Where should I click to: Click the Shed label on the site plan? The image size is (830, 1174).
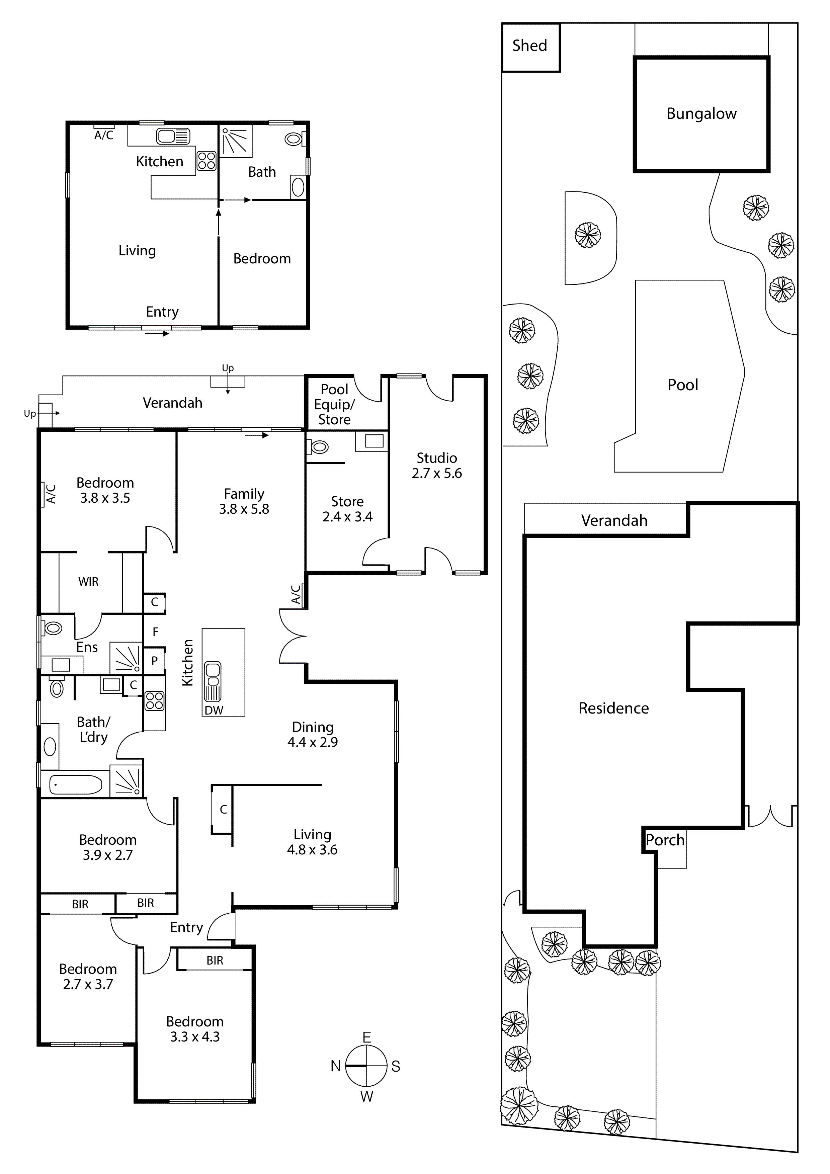coord(529,46)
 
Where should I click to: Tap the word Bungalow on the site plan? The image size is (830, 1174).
coord(701,113)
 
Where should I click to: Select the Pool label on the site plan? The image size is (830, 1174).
coord(683,385)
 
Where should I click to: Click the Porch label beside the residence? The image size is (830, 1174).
coord(665,840)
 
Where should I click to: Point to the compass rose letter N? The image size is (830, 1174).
coord(335,1066)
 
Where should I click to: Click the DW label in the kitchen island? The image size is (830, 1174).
coord(214,710)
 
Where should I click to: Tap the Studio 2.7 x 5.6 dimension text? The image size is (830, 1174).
coord(437,465)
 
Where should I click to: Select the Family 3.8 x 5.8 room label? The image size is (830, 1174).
coord(244,501)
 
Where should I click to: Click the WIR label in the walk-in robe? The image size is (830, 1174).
coord(88,581)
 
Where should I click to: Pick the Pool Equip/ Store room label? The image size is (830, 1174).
coord(334,405)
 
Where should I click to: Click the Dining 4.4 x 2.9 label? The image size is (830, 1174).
coord(313,734)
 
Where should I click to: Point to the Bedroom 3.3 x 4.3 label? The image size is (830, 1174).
coord(195,1029)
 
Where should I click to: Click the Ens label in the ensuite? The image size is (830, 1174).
coord(87,647)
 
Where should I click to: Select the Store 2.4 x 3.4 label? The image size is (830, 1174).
coord(347,509)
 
